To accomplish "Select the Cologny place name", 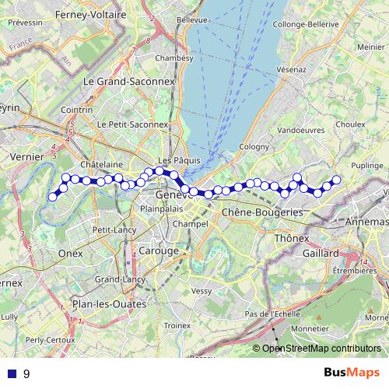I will tap(254, 147).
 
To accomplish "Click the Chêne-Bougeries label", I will tap(262, 212).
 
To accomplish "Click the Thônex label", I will tap(293, 239).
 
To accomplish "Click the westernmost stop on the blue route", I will tap(53, 197).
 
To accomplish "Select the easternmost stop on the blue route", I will tap(337, 180).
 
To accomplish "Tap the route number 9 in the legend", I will tap(26, 374).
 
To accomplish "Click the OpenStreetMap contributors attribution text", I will tap(321, 349).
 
